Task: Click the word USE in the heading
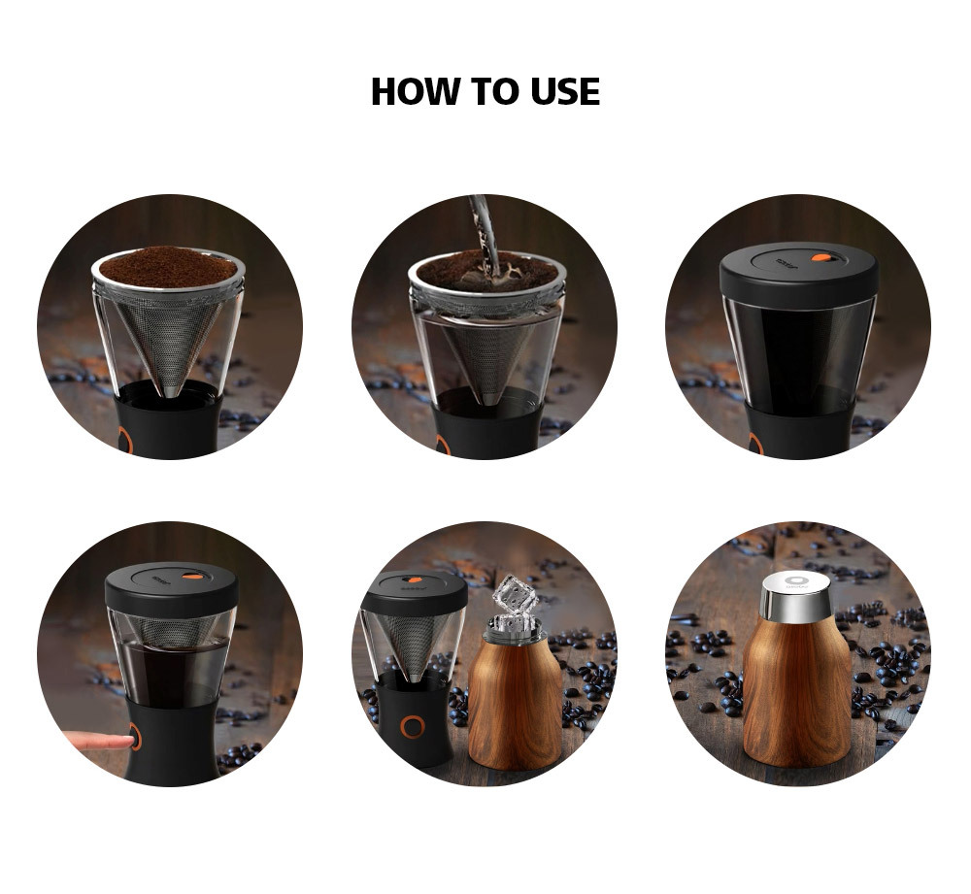pos(565,91)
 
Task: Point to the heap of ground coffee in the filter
pos(168,267)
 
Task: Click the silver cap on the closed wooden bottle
pos(796,596)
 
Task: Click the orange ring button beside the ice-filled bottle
pos(413,726)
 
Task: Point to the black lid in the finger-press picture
pos(171,586)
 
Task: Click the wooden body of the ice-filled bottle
pos(516,704)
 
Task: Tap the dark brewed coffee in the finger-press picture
pos(172,674)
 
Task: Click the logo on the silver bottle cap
pos(793,582)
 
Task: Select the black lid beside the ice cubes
pos(415,590)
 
